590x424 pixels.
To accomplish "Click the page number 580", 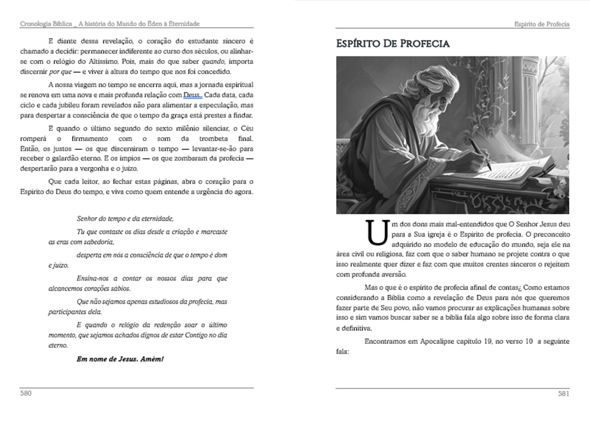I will click(x=25, y=393).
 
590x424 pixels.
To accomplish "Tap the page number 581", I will click(x=564, y=394).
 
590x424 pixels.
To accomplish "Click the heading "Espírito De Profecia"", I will click(x=393, y=43).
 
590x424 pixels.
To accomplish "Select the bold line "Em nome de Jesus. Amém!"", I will click(x=120, y=359).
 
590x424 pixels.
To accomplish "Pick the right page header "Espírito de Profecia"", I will click(x=542, y=24).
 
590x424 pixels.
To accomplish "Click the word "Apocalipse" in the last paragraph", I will click(x=436, y=342).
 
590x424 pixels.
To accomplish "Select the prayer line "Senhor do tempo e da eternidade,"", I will click(x=125, y=218).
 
